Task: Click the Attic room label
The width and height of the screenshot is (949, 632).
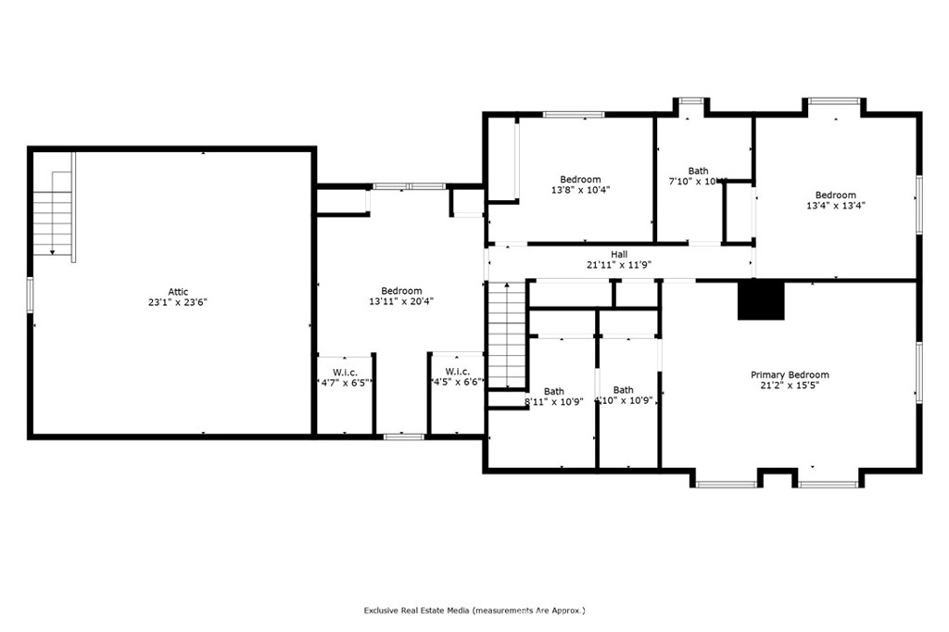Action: click(178, 292)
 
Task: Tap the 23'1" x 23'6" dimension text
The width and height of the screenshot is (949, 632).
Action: click(178, 302)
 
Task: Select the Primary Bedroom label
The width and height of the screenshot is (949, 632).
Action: click(790, 374)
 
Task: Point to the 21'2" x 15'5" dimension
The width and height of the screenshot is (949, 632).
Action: click(790, 386)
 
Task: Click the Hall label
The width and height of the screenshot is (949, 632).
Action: click(618, 254)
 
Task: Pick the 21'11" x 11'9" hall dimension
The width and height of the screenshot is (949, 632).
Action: click(618, 264)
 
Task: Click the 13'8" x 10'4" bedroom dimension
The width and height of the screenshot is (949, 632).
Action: click(580, 190)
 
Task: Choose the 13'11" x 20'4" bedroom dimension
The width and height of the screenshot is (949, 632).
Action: click(401, 301)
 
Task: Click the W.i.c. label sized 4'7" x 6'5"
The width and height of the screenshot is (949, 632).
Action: click(345, 372)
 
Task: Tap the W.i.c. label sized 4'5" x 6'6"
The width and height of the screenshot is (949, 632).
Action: click(457, 372)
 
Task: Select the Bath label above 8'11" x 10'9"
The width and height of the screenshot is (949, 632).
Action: click(553, 391)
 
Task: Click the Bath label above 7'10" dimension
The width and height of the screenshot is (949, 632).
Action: click(698, 171)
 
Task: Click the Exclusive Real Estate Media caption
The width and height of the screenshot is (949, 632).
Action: click(474, 611)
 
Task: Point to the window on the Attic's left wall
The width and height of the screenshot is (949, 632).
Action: click(30, 294)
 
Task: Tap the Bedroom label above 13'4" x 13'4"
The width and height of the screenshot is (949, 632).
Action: click(836, 195)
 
